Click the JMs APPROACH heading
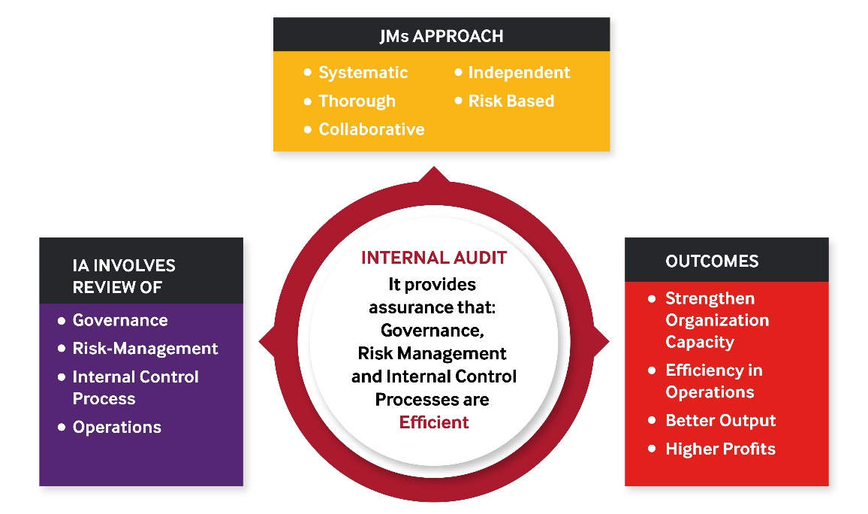click(x=442, y=36)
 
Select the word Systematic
click(x=363, y=73)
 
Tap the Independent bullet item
click(x=519, y=73)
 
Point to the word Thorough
click(x=357, y=101)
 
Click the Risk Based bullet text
click(x=511, y=101)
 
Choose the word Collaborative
click(x=372, y=129)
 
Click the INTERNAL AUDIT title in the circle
click(x=434, y=258)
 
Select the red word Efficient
click(x=434, y=422)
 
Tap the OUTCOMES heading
click(x=712, y=261)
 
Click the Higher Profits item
click(x=720, y=449)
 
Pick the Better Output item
click(x=720, y=420)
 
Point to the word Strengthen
click(x=710, y=298)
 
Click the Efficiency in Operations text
click(x=714, y=381)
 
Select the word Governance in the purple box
click(x=120, y=320)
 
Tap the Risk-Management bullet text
click(x=145, y=349)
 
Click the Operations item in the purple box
click(x=117, y=427)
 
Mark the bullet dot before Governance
click(x=62, y=320)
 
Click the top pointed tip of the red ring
click(x=434, y=168)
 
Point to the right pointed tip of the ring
click(x=609, y=342)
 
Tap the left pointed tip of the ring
click(x=259, y=342)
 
